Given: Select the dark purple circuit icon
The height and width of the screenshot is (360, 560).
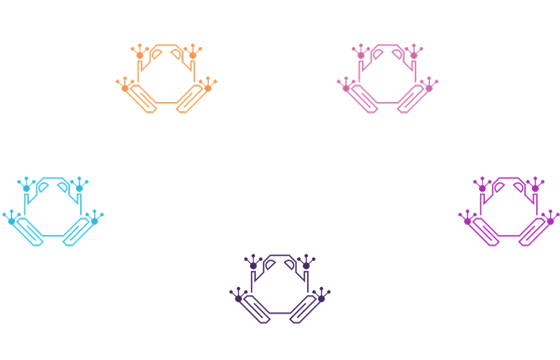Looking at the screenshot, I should click(x=279, y=290).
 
